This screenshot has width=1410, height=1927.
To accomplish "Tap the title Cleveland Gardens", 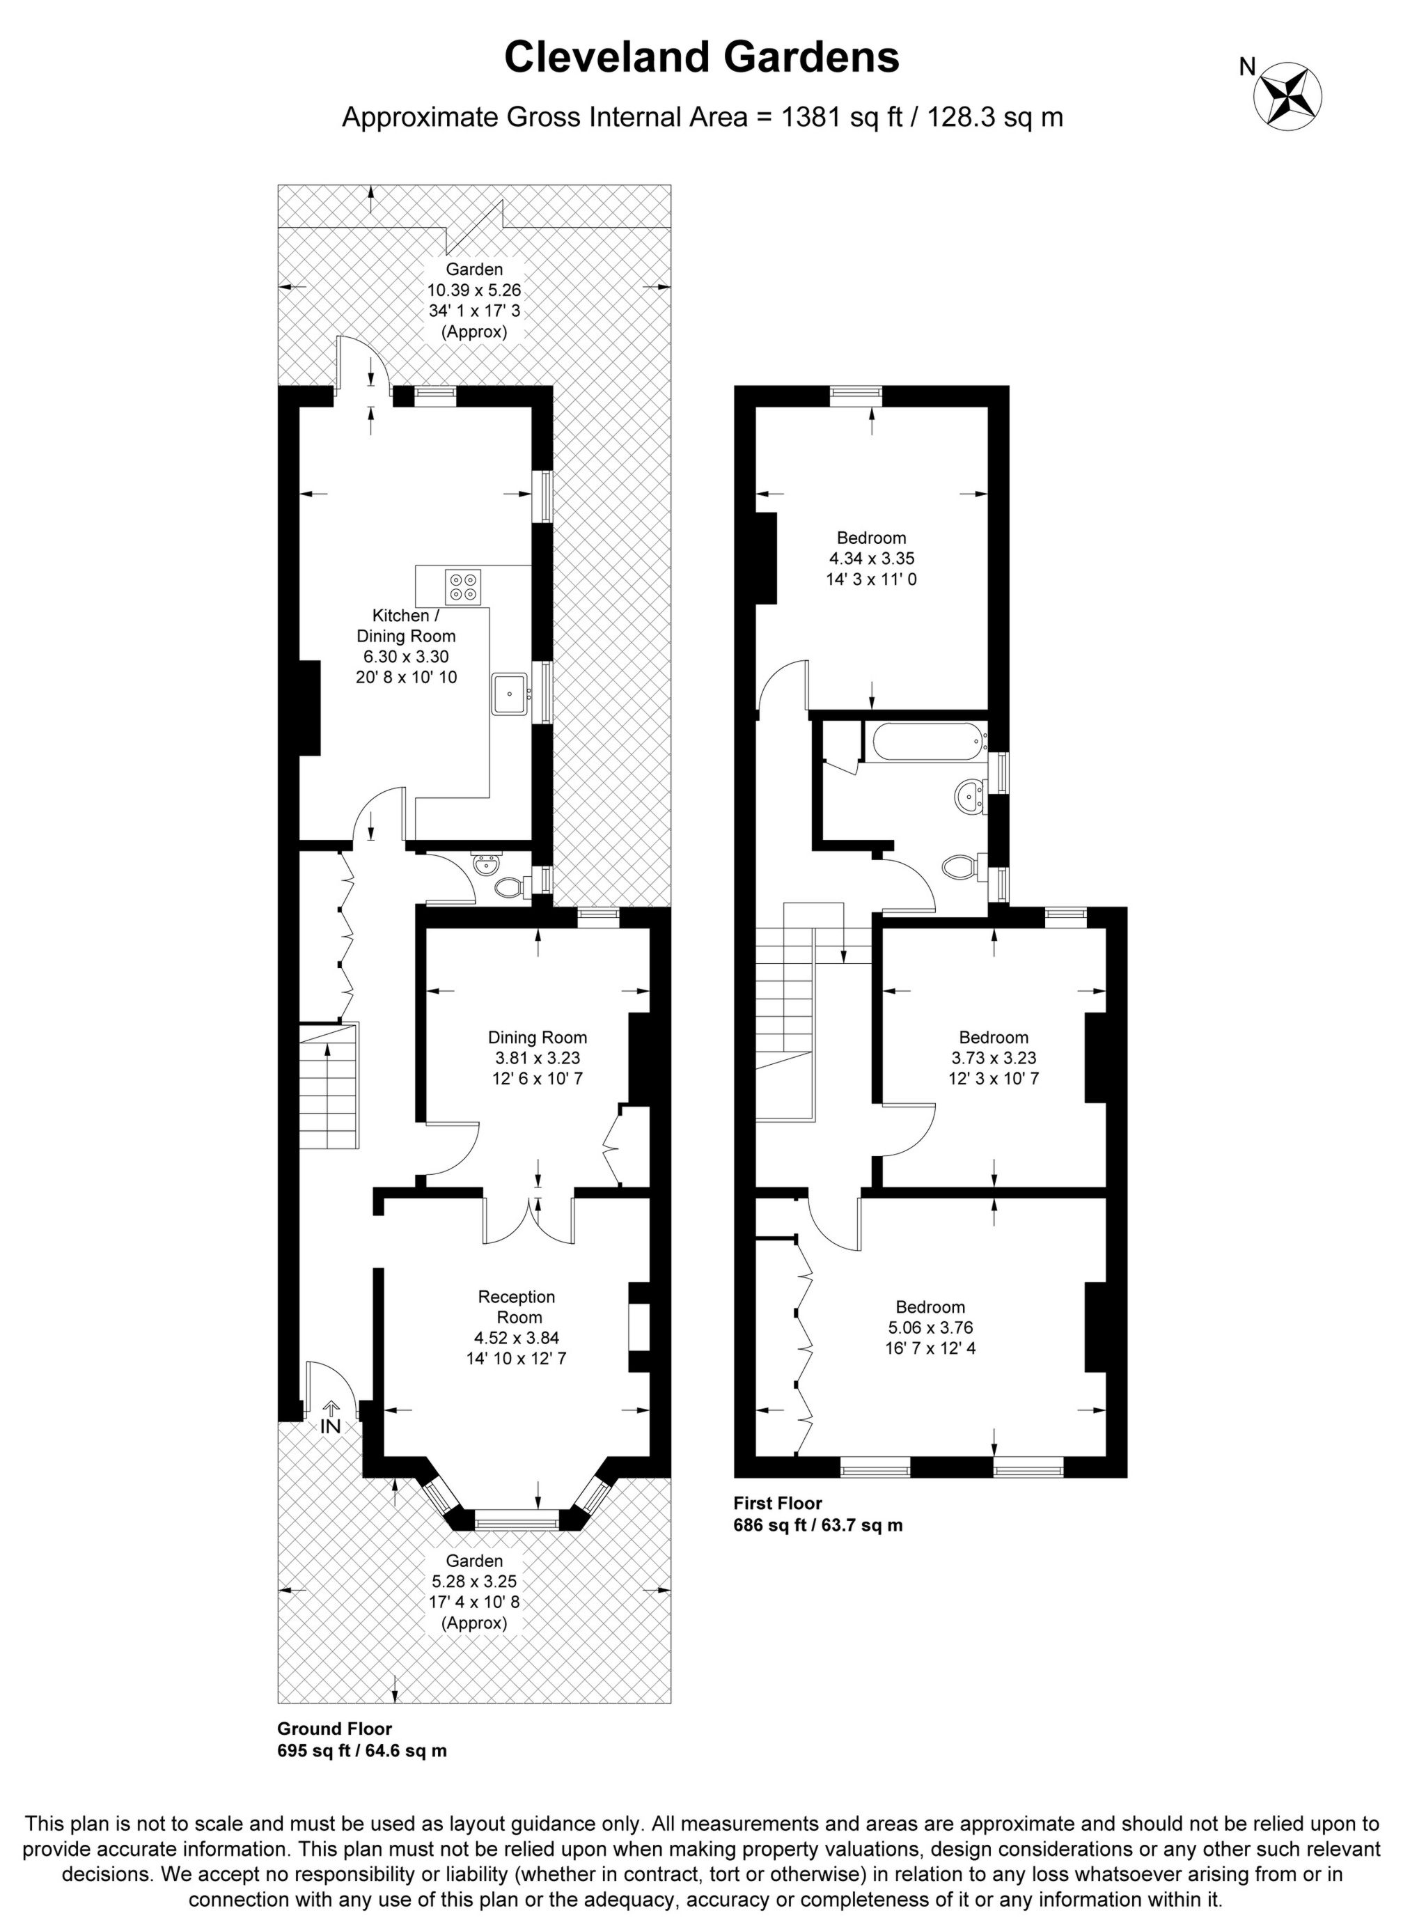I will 702,58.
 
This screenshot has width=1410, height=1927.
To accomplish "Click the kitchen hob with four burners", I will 462,584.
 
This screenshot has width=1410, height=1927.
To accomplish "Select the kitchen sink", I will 510,692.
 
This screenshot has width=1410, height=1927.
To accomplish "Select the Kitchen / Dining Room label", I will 405,625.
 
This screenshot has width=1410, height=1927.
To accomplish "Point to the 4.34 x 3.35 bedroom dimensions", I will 872,559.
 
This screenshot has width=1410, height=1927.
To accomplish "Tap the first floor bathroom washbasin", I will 968,796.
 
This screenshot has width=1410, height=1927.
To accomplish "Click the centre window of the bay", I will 515,1520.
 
